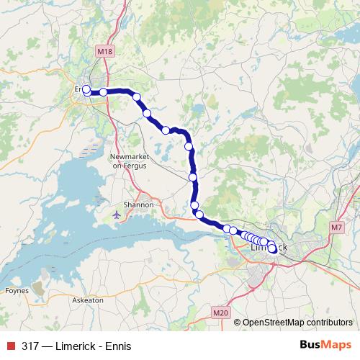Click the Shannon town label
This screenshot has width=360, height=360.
tap(138, 204)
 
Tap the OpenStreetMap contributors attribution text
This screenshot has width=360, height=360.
tap(297, 323)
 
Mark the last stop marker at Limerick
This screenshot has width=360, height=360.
tap(273, 250)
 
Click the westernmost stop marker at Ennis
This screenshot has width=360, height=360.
tap(86, 89)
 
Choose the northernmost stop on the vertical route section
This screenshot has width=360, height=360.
tap(189, 146)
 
